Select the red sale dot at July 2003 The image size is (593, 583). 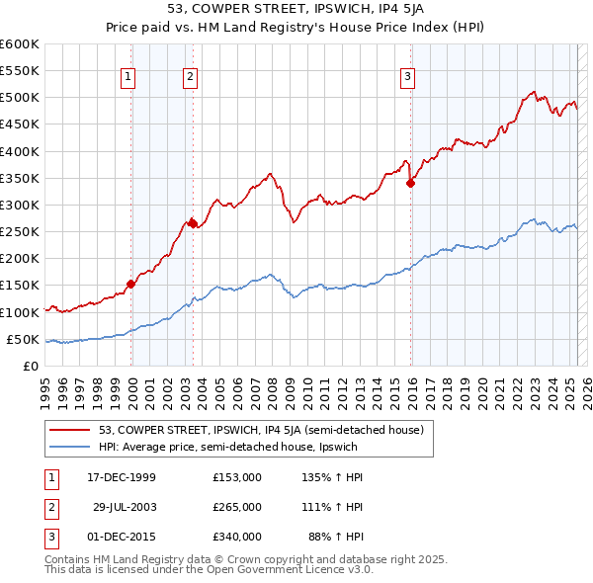click(x=192, y=223)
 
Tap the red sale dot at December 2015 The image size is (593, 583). click(x=411, y=183)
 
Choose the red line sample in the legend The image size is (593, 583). click(x=70, y=430)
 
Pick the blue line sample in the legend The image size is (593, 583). click(x=70, y=448)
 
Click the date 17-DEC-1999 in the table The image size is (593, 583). click(x=122, y=477)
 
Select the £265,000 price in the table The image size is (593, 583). click(x=237, y=506)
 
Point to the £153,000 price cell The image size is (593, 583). click(x=237, y=477)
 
